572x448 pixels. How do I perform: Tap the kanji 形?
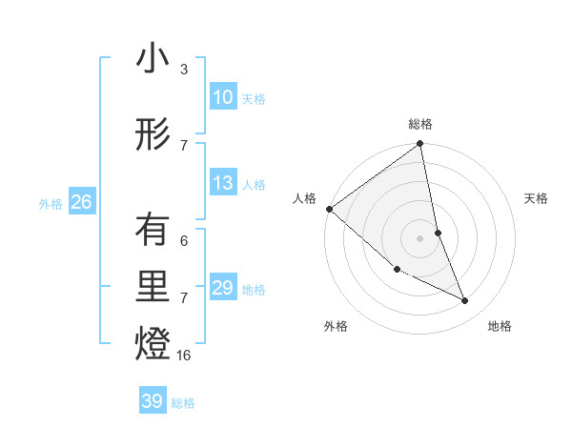click(153, 133)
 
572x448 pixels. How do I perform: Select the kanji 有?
click(153, 230)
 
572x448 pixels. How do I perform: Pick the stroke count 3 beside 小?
click(184, 70)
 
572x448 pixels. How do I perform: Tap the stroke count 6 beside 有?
click(184, 241)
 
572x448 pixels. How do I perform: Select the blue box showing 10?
click(223, 97)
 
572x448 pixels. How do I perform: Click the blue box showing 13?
click(223, 183)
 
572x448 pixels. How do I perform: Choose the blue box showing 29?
click(223, 288)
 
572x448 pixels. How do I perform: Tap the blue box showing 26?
click(81, 202)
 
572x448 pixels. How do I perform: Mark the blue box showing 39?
click(153, 401)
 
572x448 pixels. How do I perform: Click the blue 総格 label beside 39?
click(183, 403)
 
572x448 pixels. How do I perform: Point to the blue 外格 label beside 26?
click(51, 204)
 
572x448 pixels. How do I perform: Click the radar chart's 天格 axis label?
click(537, 198)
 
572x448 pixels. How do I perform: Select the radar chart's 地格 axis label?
click(500, 326)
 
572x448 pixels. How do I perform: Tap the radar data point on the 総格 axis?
click(420, 145)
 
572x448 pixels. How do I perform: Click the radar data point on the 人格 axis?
click(329, 209)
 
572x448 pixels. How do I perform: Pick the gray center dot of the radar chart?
click(420, 237)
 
